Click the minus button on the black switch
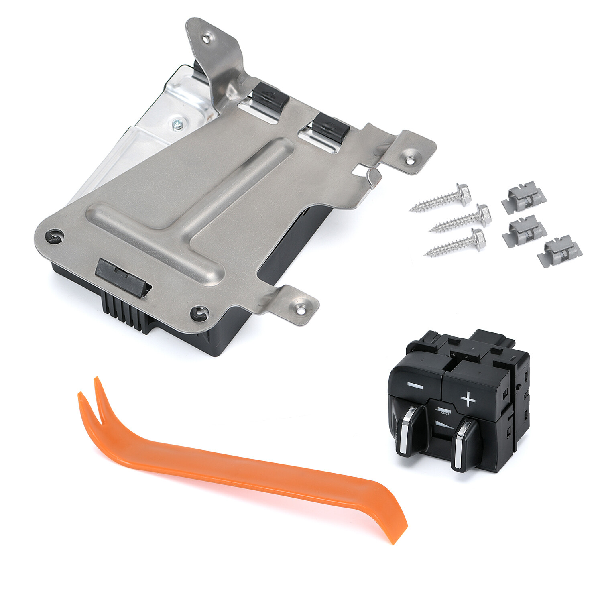tap(415, 386)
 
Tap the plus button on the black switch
tap(468, 399)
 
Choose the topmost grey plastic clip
tap(524, 197)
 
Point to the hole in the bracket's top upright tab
tap(207, 39)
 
